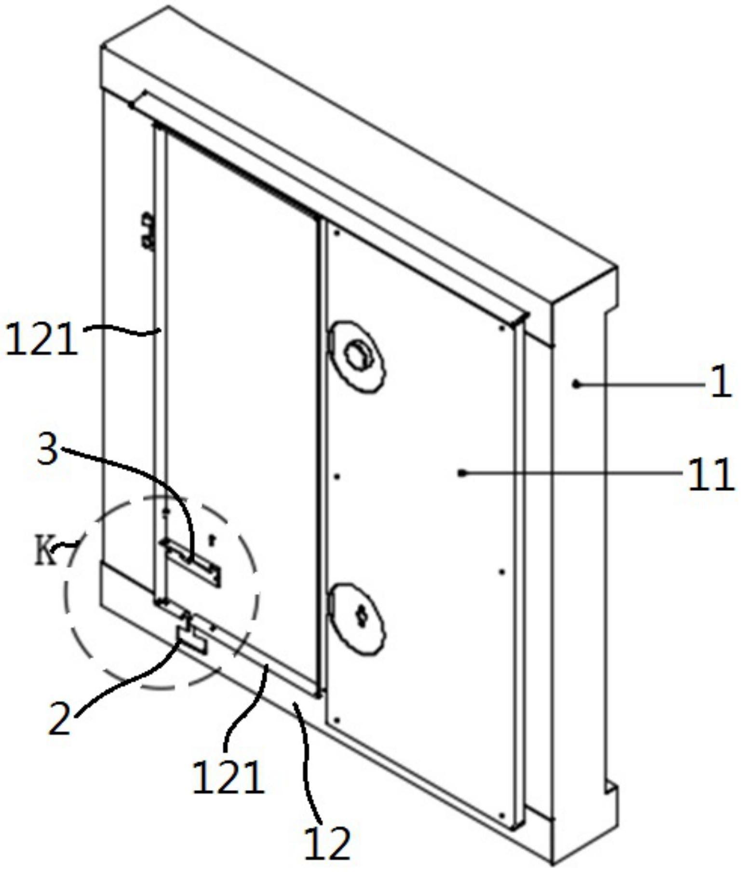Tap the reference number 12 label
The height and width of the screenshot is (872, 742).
pos(327,843)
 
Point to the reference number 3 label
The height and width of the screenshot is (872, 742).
pos(48,451)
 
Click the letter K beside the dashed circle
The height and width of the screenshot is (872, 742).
pos(45,553)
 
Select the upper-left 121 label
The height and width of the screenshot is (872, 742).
pos(40,340)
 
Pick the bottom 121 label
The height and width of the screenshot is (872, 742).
pos(228,777)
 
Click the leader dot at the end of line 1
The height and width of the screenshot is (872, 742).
pos(576,384)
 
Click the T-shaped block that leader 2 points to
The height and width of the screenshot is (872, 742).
pos(192,636)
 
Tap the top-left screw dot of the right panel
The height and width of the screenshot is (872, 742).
pos(337,233)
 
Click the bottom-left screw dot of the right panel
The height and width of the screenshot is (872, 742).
pos(337,720)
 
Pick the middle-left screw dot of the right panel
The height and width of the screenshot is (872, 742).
pos(337,477)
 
